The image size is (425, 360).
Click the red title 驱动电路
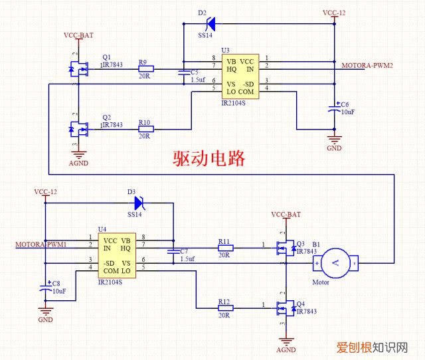[209, 159]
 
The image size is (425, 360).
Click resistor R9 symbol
[145, 68]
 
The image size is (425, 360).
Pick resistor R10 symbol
[145, 129]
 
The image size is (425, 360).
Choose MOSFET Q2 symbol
[78, 128]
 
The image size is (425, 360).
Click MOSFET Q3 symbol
[285, 248]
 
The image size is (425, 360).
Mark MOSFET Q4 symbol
[285, 308]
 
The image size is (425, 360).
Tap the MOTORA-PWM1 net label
[41, 245]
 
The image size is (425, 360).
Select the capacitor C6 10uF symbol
[334, 108]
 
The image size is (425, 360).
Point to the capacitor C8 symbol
[45, 288]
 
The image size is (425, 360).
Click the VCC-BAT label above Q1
[78, 35]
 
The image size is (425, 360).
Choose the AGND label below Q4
[286, 350]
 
